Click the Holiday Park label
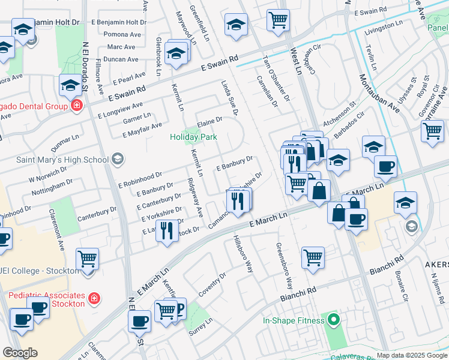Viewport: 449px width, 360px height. coord(193,137)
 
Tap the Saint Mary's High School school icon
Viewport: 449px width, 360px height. coord(118,159)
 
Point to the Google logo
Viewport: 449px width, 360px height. coord(20,353)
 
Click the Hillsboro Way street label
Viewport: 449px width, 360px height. coord(242,254)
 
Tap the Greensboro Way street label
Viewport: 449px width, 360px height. coord(283,265)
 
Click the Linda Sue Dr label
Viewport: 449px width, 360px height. coord(230,98)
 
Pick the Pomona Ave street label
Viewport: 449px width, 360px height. coord(122,35)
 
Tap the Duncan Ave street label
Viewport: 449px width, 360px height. coord(121,59)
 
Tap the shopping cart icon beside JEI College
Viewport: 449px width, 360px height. coord(88,259)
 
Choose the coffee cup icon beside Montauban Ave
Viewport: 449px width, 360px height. coord(385,166)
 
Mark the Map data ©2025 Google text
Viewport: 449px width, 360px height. coord(411,355)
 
